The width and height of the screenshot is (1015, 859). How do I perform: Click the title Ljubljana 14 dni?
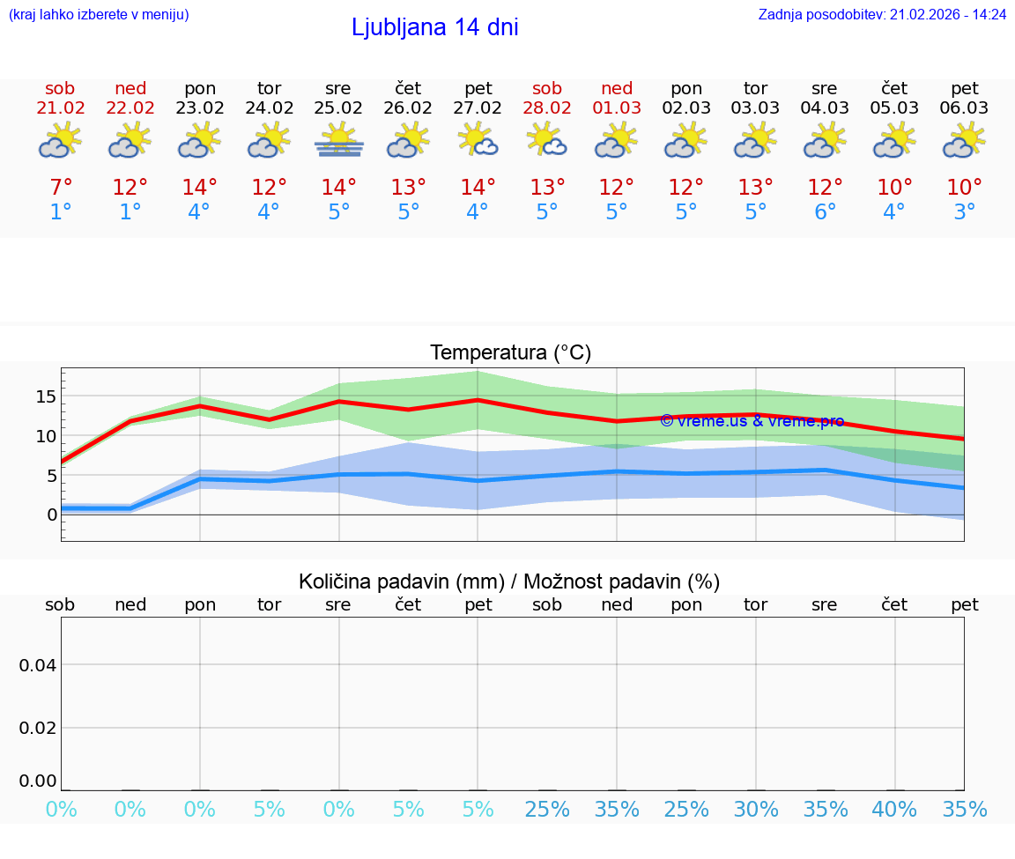434,27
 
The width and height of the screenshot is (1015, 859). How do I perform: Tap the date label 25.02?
338,108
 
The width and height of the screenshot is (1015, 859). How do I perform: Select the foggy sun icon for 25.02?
338,141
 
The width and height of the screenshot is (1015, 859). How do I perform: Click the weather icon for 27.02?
478,141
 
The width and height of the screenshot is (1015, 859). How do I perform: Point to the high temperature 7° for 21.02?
60,188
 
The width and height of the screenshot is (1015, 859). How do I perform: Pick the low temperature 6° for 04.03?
825,212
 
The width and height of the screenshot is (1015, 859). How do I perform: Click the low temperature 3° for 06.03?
964,212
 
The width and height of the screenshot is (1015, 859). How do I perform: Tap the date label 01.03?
617,108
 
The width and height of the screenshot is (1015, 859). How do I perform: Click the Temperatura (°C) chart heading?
510,353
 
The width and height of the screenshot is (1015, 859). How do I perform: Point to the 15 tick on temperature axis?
46,396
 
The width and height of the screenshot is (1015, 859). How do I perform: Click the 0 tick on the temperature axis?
52,515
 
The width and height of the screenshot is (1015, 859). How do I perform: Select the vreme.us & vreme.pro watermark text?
752,421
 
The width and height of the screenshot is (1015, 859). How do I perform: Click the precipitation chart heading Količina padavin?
509,581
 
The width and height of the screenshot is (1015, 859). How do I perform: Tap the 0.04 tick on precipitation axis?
38,665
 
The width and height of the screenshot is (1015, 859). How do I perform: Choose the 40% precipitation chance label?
894,810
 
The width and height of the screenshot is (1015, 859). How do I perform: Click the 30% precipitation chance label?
756,810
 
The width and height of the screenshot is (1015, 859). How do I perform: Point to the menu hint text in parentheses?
99,15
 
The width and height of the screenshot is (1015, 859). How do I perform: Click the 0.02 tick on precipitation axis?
38,728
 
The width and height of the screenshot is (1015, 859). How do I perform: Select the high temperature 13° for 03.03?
755,188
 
